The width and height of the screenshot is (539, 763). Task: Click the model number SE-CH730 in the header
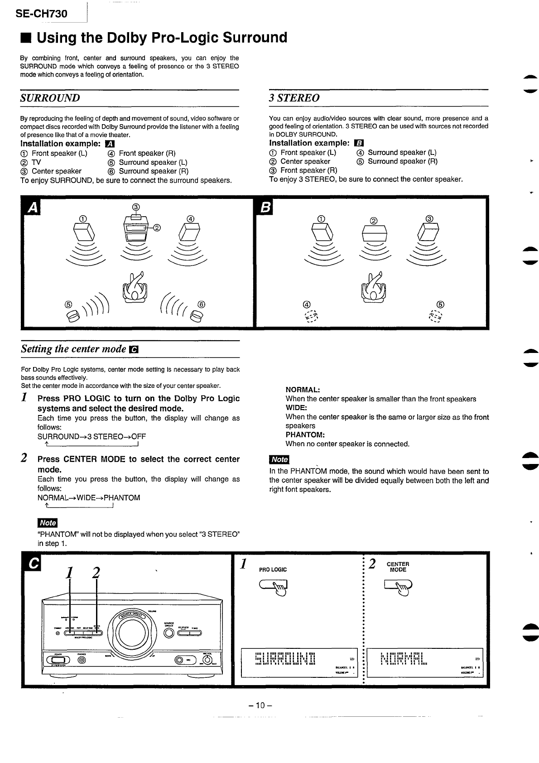click(41, 14)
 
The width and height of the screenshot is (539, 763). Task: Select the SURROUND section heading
click(50, 98)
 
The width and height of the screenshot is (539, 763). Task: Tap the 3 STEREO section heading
click(294, 98)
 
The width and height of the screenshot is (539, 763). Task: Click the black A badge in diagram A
click(32, 208)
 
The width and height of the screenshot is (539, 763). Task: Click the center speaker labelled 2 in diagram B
click(374, 235)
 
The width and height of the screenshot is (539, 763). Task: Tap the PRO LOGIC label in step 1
click(273, 570)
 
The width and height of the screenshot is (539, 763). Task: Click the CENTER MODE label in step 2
click(398, 567)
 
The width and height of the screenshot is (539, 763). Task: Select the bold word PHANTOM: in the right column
click(304, 435)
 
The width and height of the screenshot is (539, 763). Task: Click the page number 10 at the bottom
click(260, 705)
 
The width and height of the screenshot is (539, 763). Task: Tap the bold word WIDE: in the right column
click(296, 408)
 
